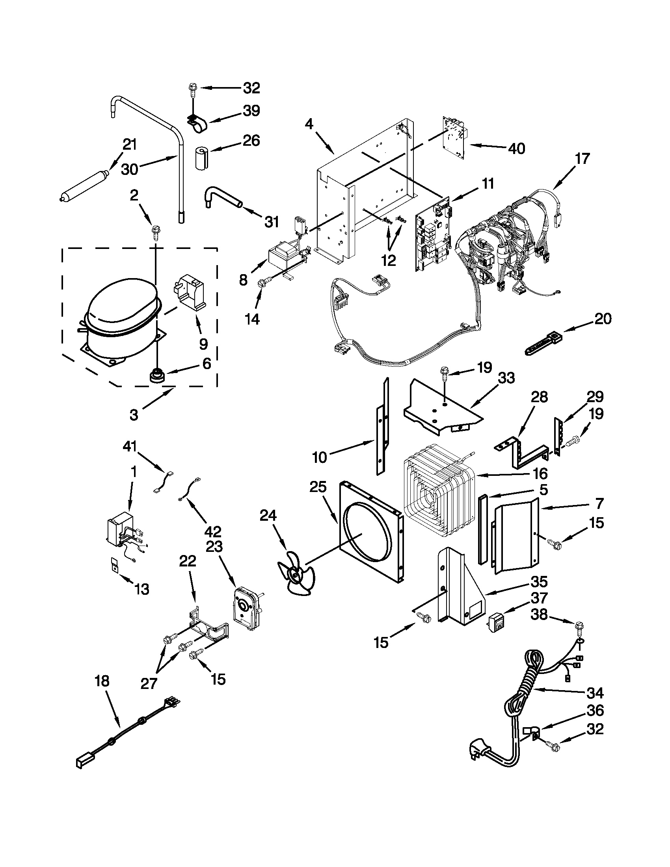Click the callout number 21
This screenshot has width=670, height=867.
coord(130,145)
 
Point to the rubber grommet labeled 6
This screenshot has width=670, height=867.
coord(156,375)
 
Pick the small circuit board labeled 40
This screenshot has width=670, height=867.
coord(454,139)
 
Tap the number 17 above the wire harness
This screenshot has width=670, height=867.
coord(583,158)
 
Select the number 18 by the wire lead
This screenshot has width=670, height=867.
coord(102,681)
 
